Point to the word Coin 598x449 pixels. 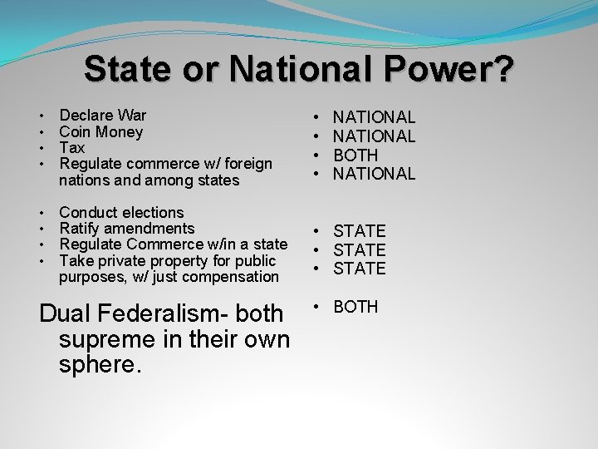click(76, 132)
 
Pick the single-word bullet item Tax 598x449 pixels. click(72, 148)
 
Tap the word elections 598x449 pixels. click(150, 213)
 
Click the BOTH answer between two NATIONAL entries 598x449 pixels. click(355, 155)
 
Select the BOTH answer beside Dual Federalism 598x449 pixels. click(355, 307)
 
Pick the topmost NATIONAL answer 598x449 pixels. click(374, 118)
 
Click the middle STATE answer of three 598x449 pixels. click(360, 250)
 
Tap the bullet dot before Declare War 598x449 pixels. click(42, 116)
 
